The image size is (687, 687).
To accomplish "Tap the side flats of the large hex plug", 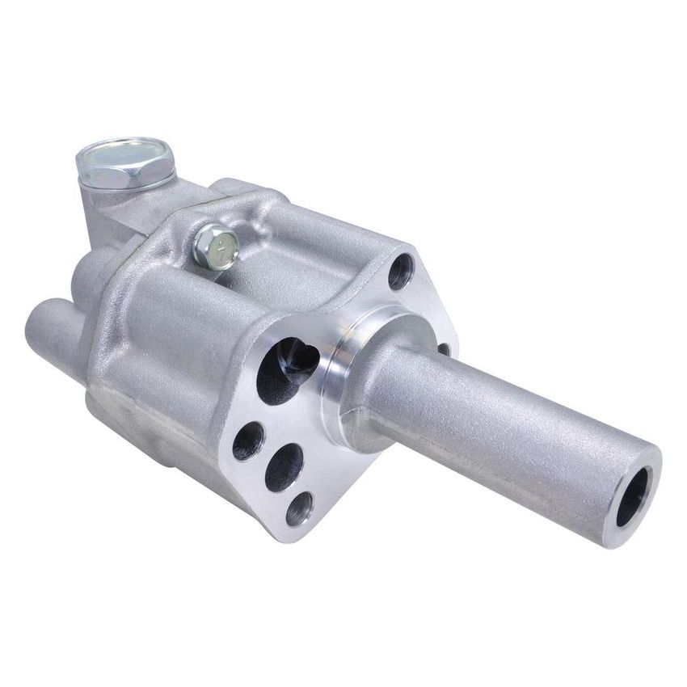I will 121,173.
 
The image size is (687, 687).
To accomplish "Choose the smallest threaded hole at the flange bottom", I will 299,508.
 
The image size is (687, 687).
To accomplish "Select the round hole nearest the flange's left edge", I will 247,441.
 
